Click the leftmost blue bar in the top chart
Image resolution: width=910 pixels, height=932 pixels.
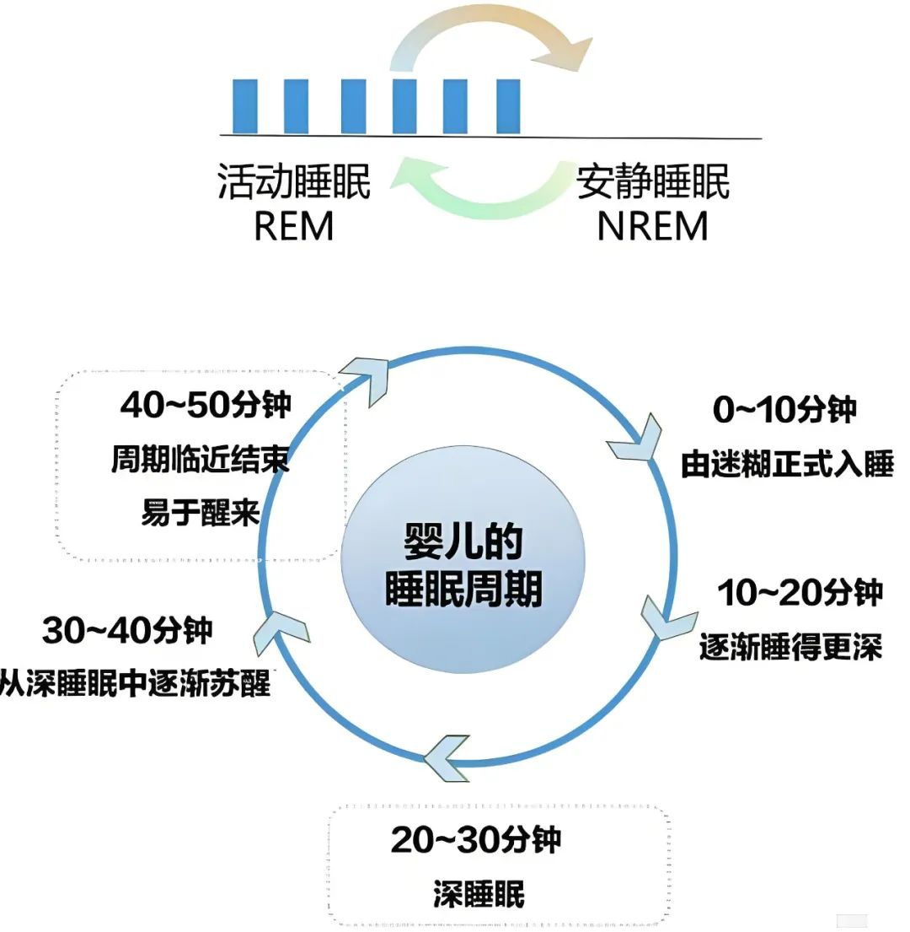(x=244, y=106)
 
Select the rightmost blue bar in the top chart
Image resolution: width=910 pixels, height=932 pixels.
(x=508, y=106)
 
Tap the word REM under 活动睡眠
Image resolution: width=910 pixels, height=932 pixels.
(x=293, y=226)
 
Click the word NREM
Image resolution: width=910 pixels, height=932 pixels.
(x=652, y=226)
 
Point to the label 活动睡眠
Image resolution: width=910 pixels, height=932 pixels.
(x=294, y=181)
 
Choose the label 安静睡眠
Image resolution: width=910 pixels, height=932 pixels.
(x=653, y=181)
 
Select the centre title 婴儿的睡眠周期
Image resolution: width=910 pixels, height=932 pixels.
(x=463, y=565)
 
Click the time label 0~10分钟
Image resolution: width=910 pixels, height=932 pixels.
(x=784, y=410)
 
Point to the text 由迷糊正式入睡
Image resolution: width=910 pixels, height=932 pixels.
(x=787, y=464)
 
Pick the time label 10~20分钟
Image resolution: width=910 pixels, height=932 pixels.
(x=800, y=593)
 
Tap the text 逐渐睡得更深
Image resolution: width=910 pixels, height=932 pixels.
(x=790, y=647)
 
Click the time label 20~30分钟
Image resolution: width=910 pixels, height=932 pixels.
(x=476, y=839)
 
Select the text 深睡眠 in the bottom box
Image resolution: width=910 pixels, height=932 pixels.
(x=479, y=894)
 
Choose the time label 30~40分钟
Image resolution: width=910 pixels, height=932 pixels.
(x=127, y=630)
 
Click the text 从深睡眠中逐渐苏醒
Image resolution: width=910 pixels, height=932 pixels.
(x=136, y=683)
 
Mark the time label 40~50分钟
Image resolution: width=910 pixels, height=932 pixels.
(x=206, y=406)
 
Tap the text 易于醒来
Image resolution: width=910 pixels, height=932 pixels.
(x=201, y=512)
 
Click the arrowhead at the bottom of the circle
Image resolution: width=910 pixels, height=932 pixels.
(x=447, y=758)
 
